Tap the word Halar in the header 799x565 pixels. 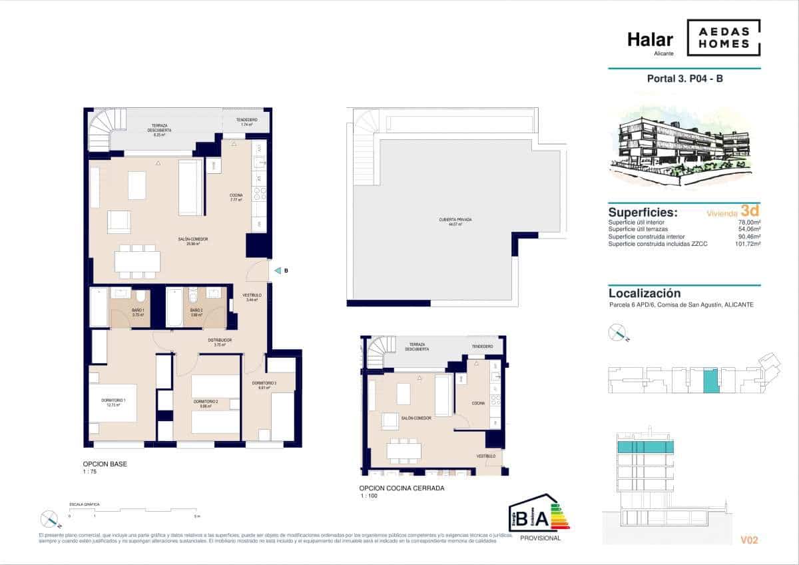(x=650, y=40)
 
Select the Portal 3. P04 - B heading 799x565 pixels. (x=685, y=79)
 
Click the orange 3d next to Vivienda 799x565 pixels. (x=750, y=212)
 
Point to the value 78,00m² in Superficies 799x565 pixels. (x=750, y=222)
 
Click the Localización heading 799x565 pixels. (x=645, y=293)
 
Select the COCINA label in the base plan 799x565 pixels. (x=236, y=196)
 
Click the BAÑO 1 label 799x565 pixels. (x=138, y=311)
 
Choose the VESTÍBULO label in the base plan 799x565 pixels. (x=251, y=295)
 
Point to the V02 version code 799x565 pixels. (x=749, y=540)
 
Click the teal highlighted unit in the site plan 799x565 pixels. (x=711, y=381)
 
